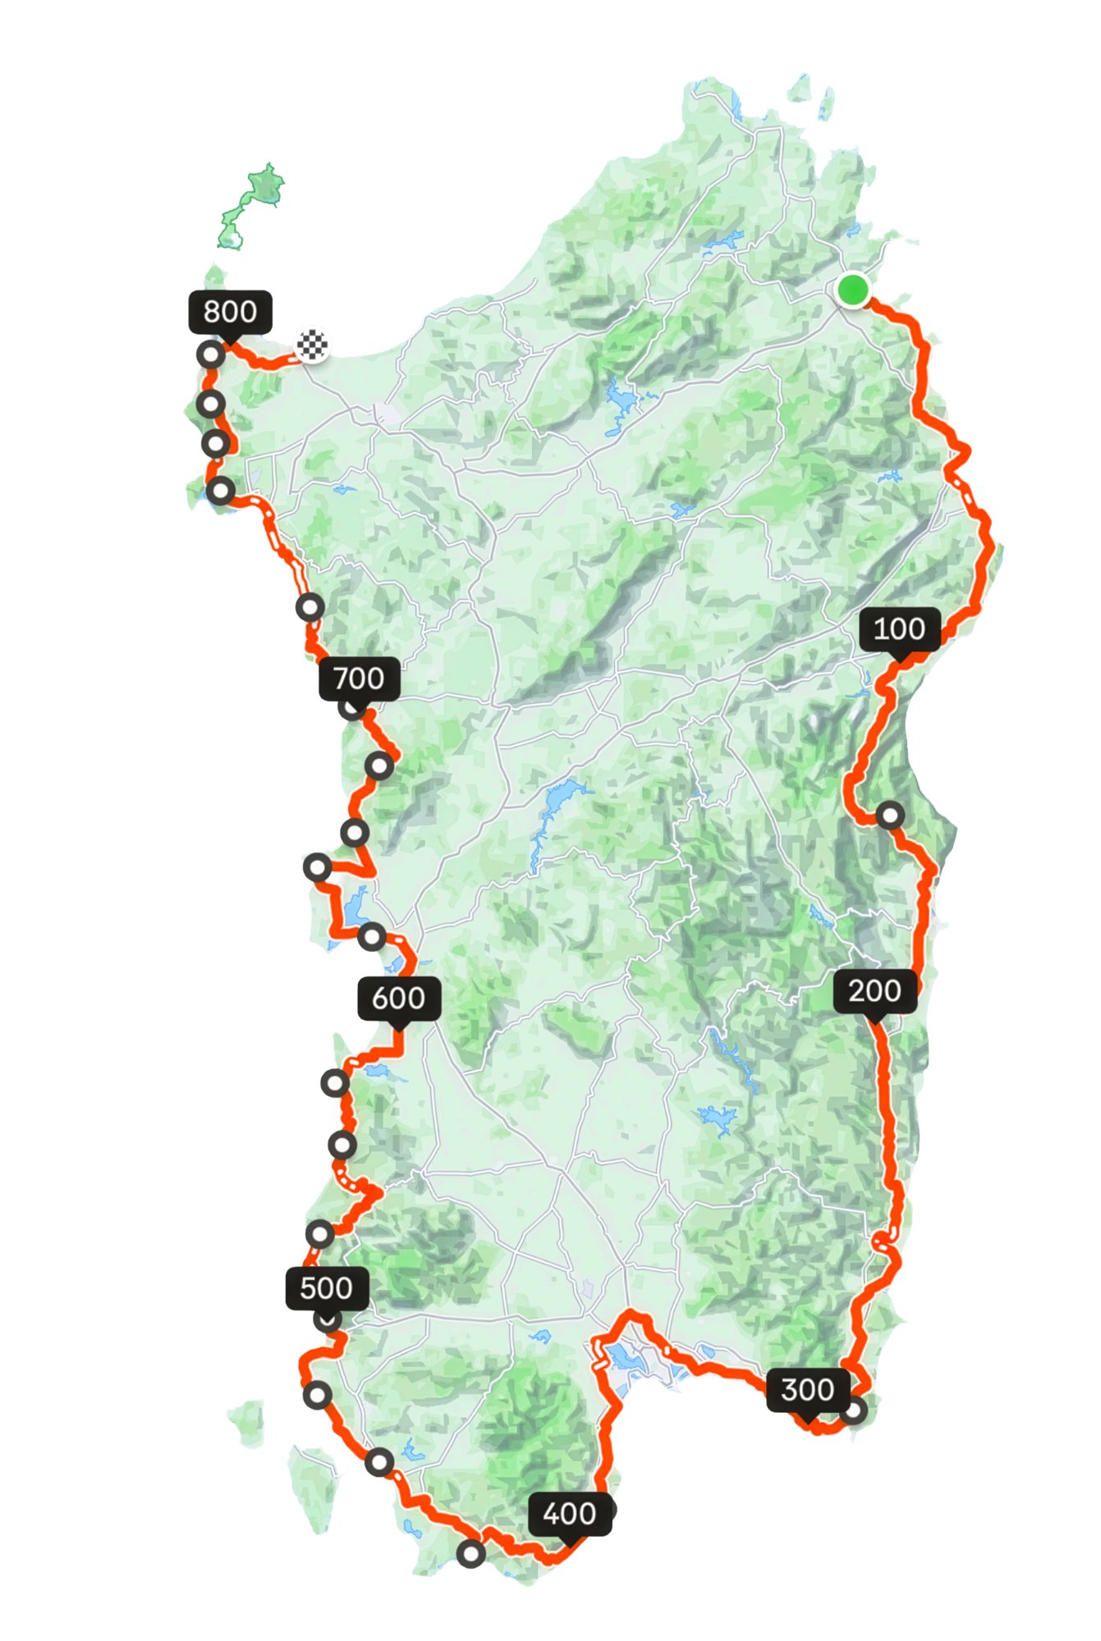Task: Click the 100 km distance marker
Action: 900,629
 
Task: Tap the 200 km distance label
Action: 875,991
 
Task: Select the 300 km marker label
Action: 808,1390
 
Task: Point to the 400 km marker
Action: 570,1514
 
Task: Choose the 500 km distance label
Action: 327,1288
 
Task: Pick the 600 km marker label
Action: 399,999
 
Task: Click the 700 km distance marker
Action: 359,679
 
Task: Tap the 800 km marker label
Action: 230,312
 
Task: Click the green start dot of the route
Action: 853,290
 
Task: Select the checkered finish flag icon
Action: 312,345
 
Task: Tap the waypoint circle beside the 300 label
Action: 853,1410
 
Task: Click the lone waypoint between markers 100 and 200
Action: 890,816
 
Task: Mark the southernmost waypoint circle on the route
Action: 470,1553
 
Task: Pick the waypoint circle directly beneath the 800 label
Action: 211,355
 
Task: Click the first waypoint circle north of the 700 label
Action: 310,607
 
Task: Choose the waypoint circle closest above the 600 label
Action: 372,936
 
